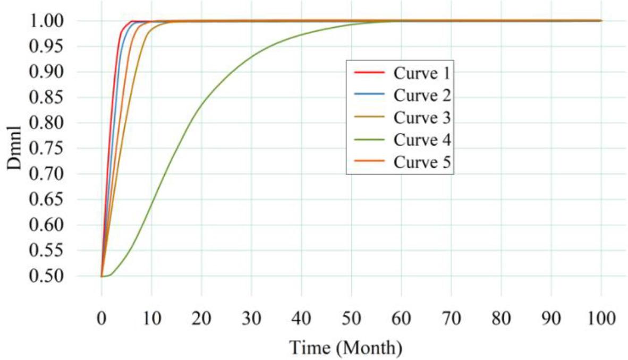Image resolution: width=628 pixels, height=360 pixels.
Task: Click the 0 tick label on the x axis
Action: tap(101, 320)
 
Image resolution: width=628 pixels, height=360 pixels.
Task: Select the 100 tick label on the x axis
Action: tap(601, 320)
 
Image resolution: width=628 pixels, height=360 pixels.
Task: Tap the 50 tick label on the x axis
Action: tap(351, 320)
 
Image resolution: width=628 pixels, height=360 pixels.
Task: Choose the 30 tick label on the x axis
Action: tap(251, 320)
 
